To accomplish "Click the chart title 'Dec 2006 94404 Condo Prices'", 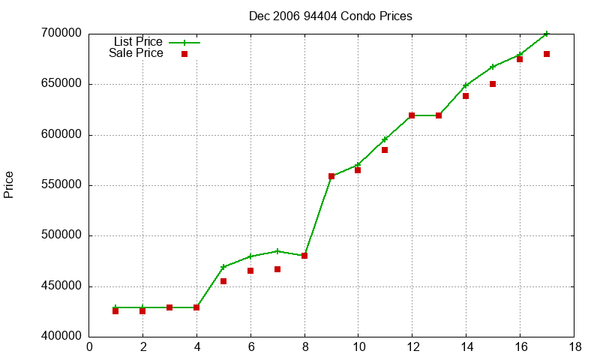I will [x=331, y=16].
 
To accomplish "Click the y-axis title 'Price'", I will [x=9, y=184].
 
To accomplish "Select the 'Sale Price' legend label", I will [x=136, y=53].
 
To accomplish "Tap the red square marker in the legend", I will [x=184, y=54].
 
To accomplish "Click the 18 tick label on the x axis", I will [x=574, y=347].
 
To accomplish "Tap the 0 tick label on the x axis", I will [x=89, y=347].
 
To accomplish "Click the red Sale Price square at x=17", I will [x=547, y=54].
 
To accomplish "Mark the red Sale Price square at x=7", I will [x=277, y=269].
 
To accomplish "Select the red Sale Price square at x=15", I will [x=493, y=84].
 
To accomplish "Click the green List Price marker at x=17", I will [x=547, y=34].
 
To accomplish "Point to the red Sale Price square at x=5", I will [x=223, y=281].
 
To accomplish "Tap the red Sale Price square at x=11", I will [x=385, y=150].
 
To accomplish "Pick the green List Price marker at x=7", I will [x=277, y=251].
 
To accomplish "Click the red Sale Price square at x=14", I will [x=466, y=96].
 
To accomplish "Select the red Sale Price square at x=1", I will [x=115, y=311].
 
